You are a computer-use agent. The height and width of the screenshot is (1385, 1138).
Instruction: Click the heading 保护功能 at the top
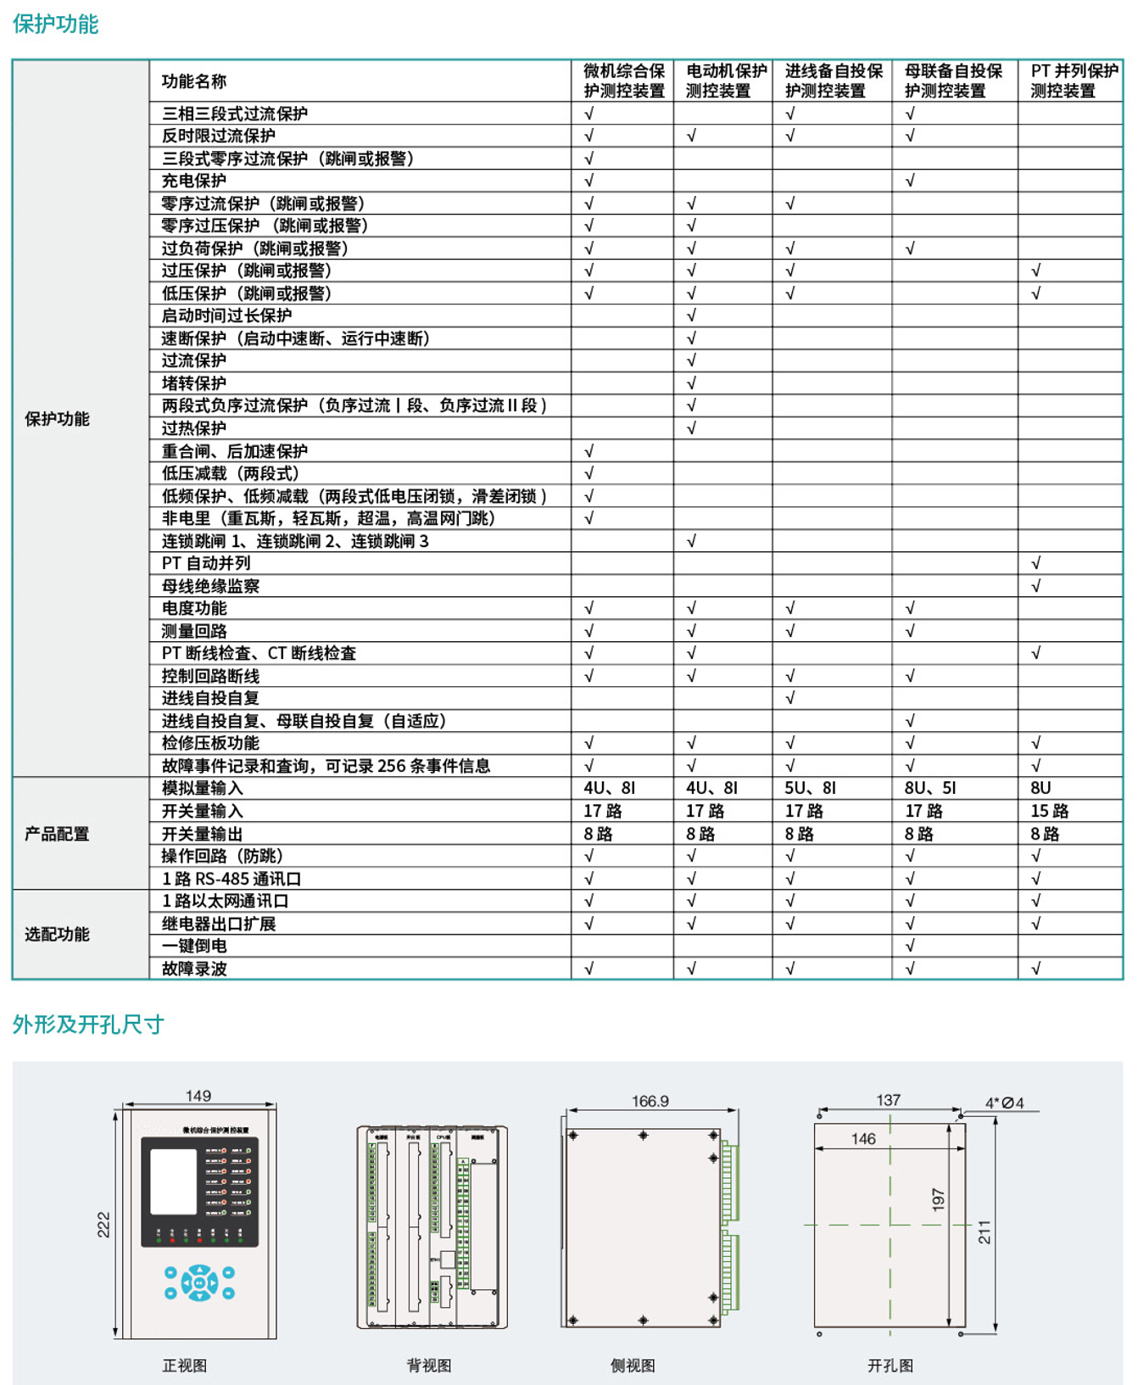[55, 24]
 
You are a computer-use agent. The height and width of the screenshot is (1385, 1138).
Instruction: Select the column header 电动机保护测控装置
[725, 81]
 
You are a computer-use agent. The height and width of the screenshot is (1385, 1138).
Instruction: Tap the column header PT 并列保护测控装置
[1074, 81]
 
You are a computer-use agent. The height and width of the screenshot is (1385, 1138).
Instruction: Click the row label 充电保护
[194, 181]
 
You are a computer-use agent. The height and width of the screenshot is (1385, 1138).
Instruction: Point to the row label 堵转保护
[194, 383]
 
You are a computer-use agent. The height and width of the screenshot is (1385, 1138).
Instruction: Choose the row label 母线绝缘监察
[210, 586]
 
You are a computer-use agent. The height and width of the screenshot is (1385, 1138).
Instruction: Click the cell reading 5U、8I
[809, 788]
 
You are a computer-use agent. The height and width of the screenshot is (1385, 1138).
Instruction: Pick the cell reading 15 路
[1049, 811]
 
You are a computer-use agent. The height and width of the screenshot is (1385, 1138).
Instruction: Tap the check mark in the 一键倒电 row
[910, 946]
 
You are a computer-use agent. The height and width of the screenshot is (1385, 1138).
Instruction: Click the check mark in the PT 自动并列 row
[1035, 563]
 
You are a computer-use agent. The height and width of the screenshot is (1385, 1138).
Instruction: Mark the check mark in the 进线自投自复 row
[790, 698]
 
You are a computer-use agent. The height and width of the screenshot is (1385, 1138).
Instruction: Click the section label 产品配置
[56, 834]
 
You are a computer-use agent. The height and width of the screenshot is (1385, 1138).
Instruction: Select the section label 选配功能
[56, 934]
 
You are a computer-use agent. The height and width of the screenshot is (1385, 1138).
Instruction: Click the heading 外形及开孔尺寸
[87, 1025]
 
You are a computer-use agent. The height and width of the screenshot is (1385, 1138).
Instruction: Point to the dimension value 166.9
[650, 1101]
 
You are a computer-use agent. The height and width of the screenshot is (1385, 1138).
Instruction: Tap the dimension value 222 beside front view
[103, 1225]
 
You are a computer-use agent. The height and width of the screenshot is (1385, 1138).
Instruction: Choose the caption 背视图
[429, 1365]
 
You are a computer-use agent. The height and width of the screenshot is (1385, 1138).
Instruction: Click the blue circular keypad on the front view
[199, 1282]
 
